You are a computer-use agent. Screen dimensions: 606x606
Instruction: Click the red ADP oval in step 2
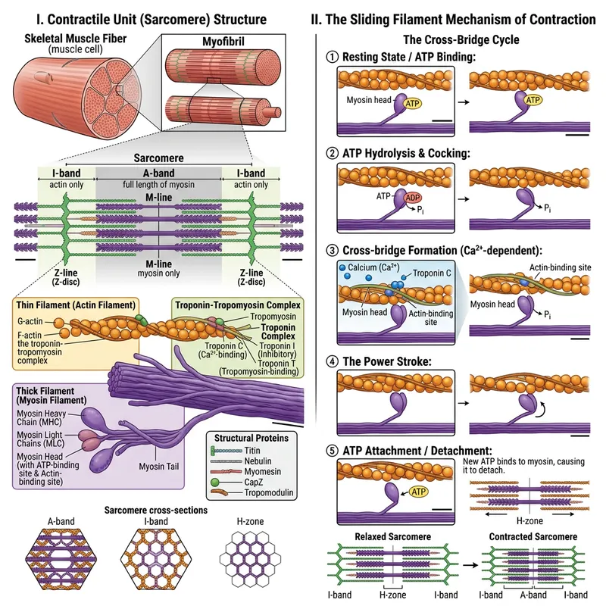413,198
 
